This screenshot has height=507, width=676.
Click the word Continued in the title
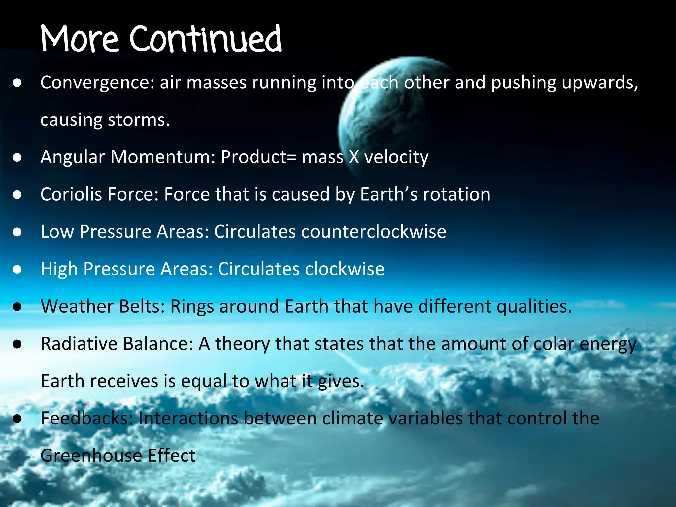[205, 40]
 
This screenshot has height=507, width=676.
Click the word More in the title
[79, 40]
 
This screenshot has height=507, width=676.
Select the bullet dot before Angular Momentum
[17, 157]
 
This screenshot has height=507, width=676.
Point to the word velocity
[396, 157]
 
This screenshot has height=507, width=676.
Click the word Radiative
[79, 344]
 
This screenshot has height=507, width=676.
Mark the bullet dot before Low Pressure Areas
[17, 232]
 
